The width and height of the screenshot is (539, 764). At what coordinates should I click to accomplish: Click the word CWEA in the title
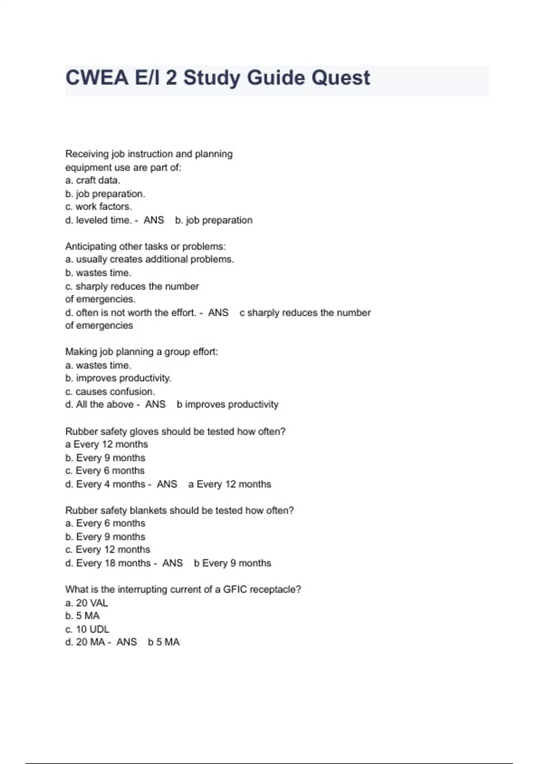click(97, 78)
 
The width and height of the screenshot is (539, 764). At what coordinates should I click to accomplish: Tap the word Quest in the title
click(340, 78)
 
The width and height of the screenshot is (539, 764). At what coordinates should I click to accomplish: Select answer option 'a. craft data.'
click(93, 180)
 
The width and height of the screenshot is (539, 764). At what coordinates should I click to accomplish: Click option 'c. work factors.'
click(98, 207)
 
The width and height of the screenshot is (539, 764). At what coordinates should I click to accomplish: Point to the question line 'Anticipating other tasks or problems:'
click(146, 246)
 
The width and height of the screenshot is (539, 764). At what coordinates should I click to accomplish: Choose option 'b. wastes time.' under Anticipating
click(98, 273)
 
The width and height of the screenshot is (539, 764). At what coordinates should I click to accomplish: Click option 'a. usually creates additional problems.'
click(150, 259)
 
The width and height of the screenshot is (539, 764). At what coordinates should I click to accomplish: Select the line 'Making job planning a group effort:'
click(141, 351)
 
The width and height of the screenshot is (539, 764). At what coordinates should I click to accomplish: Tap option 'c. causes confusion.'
click(110, 391)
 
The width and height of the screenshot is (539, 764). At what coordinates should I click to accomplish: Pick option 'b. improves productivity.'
click(118, 378)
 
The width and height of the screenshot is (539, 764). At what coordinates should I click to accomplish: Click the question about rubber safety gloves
click(175, 431)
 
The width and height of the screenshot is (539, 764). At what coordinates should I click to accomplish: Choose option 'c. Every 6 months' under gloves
click(105, 471)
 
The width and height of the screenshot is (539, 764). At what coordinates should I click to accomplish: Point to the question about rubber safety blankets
click(179, 511)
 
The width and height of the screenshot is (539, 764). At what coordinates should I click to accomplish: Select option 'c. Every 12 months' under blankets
click(107, 550)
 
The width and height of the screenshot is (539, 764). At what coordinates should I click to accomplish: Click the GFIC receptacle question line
click(183, 589)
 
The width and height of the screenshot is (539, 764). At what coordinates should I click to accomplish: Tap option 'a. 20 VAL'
click(86, 603)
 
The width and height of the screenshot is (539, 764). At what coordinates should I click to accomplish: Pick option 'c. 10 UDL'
click(87, 629)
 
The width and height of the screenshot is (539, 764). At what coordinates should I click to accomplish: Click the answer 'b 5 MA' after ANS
click(163, 642)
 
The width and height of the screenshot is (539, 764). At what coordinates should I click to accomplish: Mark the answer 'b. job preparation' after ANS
click(214, 220)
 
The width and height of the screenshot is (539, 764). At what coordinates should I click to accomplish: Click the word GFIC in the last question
click(235, 589)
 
